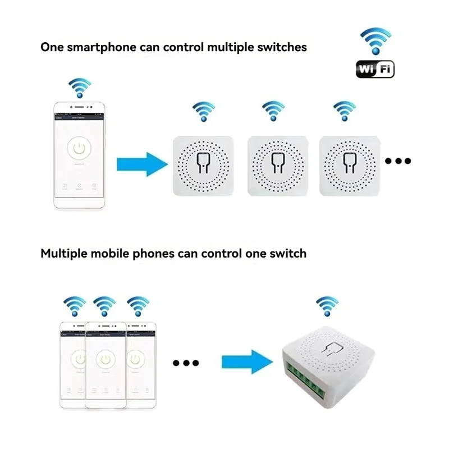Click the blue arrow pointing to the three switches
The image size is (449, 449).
click(x=142, y=164)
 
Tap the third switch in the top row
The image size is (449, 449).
click(x=348, y=164)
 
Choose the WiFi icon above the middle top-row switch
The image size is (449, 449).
click(x=273, y=111)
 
